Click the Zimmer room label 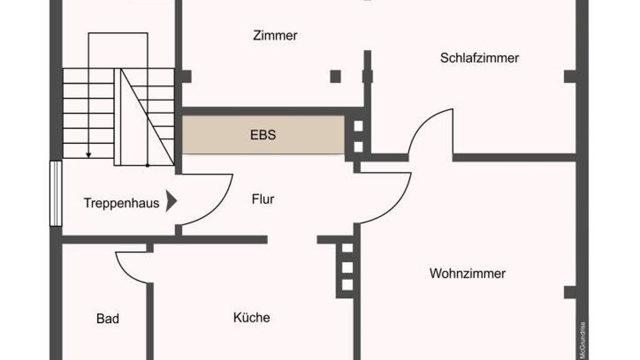[275, 36]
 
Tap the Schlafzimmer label [479, 58]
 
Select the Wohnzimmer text [467, 274]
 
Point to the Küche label [252, 317]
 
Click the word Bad [107, 319]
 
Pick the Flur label [263, 200]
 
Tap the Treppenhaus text [121, 203]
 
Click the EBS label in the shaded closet [263, 134]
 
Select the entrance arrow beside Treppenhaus [171, 202]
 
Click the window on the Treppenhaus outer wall [56, 193]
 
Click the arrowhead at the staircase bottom [89, 154]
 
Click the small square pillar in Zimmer [336, 76]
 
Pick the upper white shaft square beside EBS [358, 126]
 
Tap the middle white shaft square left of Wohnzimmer [347, 267]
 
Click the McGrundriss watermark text [582, 340]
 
